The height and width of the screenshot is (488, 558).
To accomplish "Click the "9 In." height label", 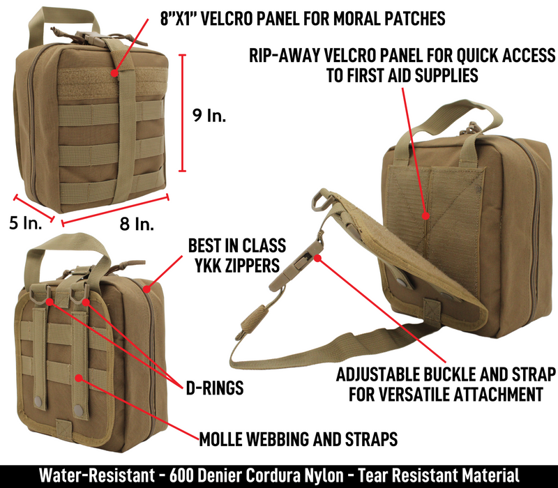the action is pos(209,115).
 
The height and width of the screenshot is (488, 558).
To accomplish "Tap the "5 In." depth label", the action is pos(26,223).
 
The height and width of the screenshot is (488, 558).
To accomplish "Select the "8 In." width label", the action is pos(137,224).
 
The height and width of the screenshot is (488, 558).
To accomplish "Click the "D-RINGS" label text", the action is pos(215,388).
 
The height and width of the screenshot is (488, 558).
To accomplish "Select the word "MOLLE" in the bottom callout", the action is pos(220,439).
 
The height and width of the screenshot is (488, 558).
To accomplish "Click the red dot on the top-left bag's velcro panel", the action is pos(114,73).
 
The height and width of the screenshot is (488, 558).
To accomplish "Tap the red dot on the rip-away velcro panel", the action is pos(425,215).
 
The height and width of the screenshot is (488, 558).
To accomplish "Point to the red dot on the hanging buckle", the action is pos(318,258).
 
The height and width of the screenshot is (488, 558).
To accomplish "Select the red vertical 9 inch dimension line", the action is pos(182,113).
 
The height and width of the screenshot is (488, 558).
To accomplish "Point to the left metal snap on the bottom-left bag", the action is pos(38,402).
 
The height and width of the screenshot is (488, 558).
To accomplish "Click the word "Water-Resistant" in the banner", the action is pos(97,475).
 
